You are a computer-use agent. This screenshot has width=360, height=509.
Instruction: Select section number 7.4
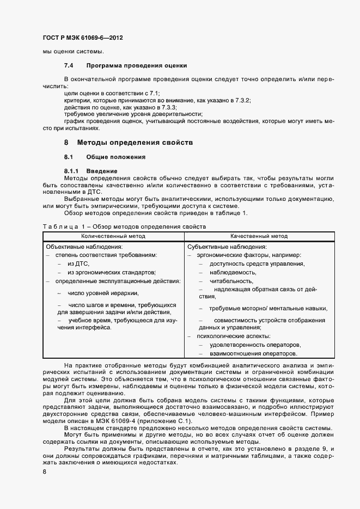coord(69,66)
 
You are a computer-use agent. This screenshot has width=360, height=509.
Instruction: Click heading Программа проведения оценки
coord(133,66)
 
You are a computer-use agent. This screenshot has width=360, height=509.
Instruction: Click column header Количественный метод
coord(113,236)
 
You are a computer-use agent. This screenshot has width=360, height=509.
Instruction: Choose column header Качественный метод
coord(259,236)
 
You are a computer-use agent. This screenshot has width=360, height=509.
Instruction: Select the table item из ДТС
coord(78,263)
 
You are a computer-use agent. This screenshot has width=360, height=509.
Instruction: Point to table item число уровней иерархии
coord(96,293)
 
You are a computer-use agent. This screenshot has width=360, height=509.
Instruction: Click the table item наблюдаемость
coord(233,272)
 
